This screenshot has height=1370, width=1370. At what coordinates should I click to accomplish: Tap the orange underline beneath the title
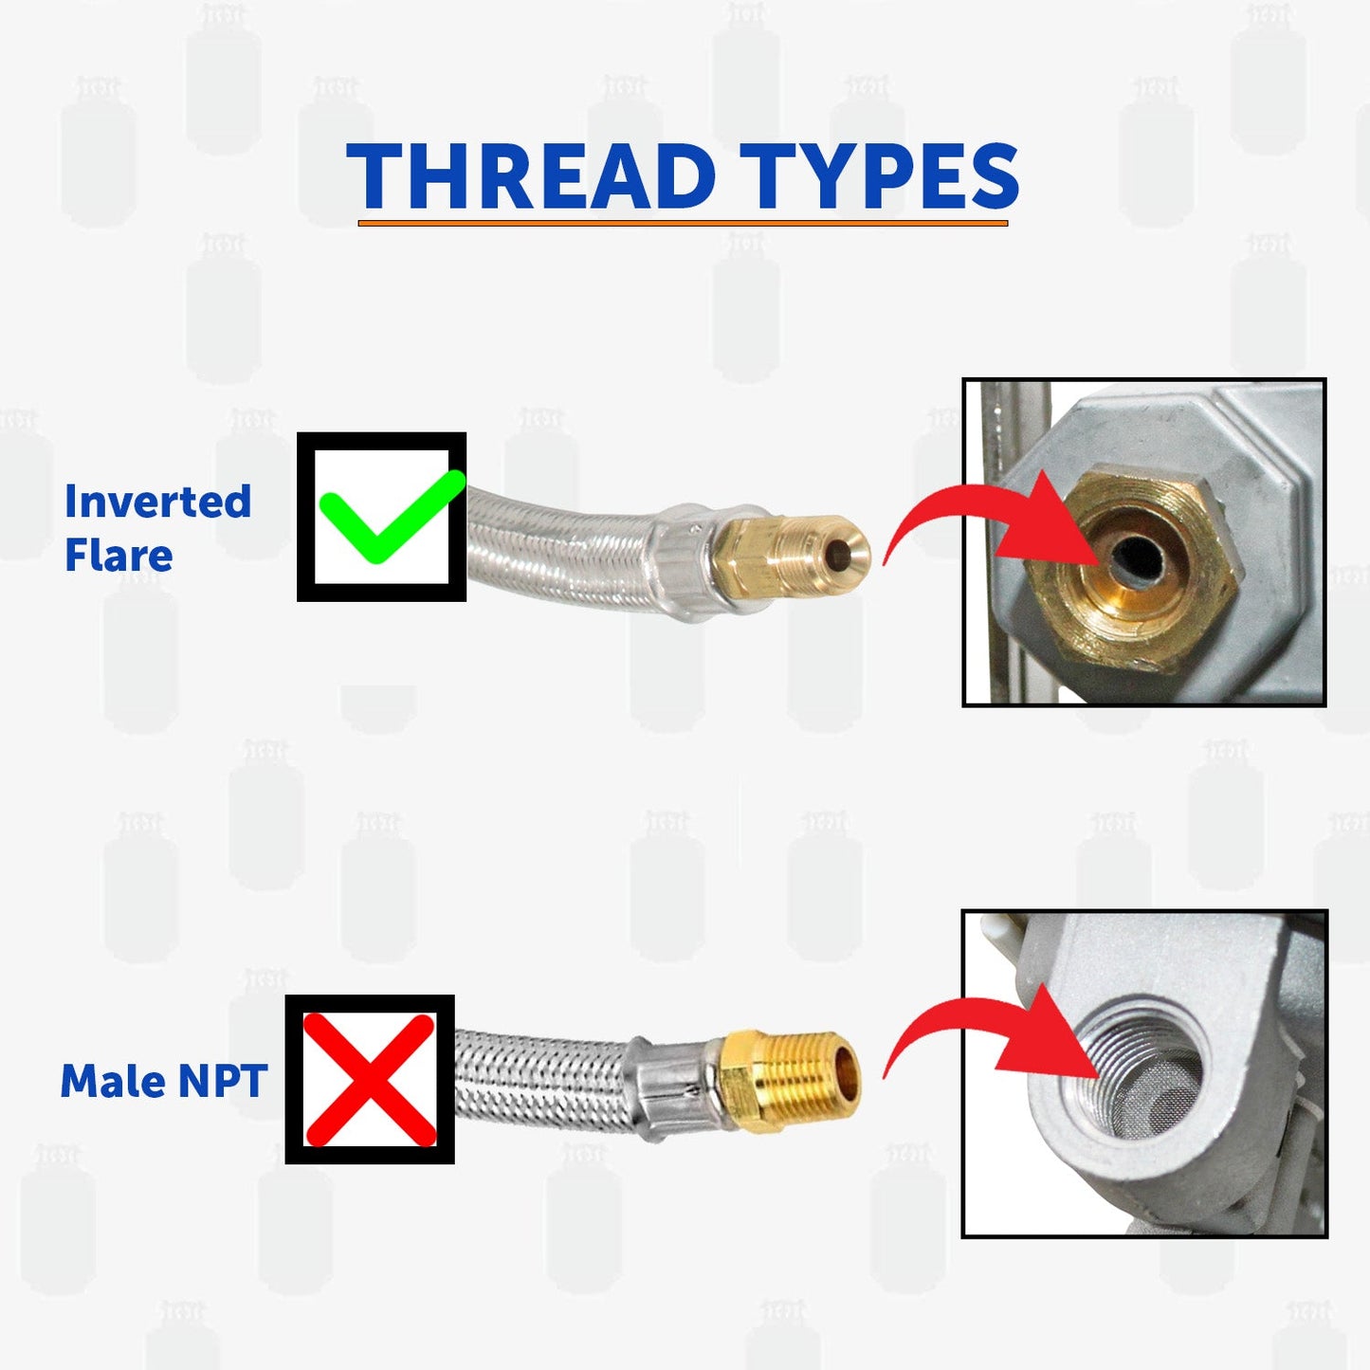pos(683,224)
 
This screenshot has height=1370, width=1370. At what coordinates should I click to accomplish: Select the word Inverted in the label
pos(157,502)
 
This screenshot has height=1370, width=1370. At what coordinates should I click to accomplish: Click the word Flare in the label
pos(119,556)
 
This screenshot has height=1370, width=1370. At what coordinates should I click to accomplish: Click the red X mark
pos(370,1080)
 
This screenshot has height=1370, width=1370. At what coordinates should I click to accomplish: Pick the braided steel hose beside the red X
pos(540,1081)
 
